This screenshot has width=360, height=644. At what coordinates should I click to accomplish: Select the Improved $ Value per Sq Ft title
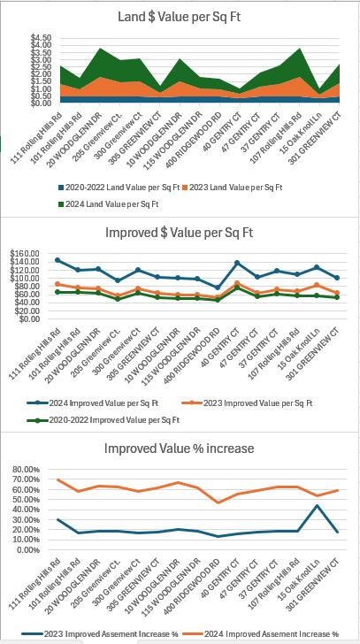click(179, 233)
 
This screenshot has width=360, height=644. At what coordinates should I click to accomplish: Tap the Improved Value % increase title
click(179, 448)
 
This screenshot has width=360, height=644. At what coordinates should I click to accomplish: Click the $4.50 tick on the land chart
click(40, 38)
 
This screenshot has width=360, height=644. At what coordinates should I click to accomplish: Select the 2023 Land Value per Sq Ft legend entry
click(233, 188)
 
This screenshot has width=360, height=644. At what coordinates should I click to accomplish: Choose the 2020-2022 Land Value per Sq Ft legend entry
click(119, 188)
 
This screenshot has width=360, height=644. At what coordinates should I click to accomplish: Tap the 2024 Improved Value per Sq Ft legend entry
click(93, 403)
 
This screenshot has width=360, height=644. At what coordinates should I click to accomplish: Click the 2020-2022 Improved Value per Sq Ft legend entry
click(103, 420)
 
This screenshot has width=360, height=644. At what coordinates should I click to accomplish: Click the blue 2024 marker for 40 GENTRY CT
click(237, 263)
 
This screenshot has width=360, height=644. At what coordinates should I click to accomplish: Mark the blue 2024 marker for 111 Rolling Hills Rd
click(57, 260)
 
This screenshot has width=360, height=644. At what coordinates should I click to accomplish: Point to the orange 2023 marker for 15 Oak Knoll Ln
click(317, 285)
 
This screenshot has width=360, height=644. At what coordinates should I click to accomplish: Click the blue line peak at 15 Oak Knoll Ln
click(317, 505)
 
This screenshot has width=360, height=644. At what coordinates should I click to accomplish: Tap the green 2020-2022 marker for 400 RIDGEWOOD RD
click(217, 300)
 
